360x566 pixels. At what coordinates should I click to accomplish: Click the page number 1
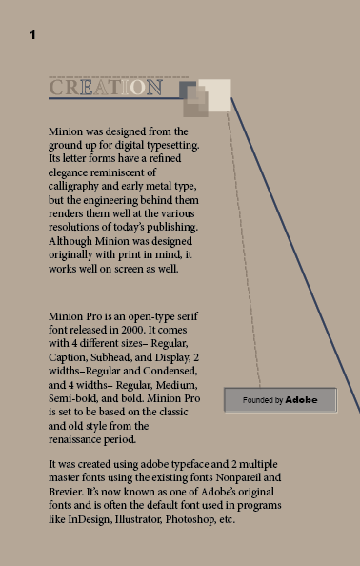32,35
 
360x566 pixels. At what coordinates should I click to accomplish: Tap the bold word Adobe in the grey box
302,400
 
